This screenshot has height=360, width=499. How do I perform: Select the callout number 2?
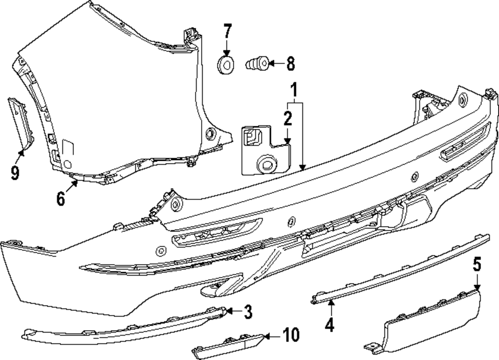tap(287, 118)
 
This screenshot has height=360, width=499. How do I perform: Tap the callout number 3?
tap(248, 313)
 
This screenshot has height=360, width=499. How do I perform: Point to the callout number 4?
tap(329, 325)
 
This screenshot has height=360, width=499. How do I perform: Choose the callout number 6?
tap(61, 199)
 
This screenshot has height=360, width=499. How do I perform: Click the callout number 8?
tap(289, 63)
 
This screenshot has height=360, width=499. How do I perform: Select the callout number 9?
tap(15, 173)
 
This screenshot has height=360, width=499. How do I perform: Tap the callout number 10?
tap(291, 335)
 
